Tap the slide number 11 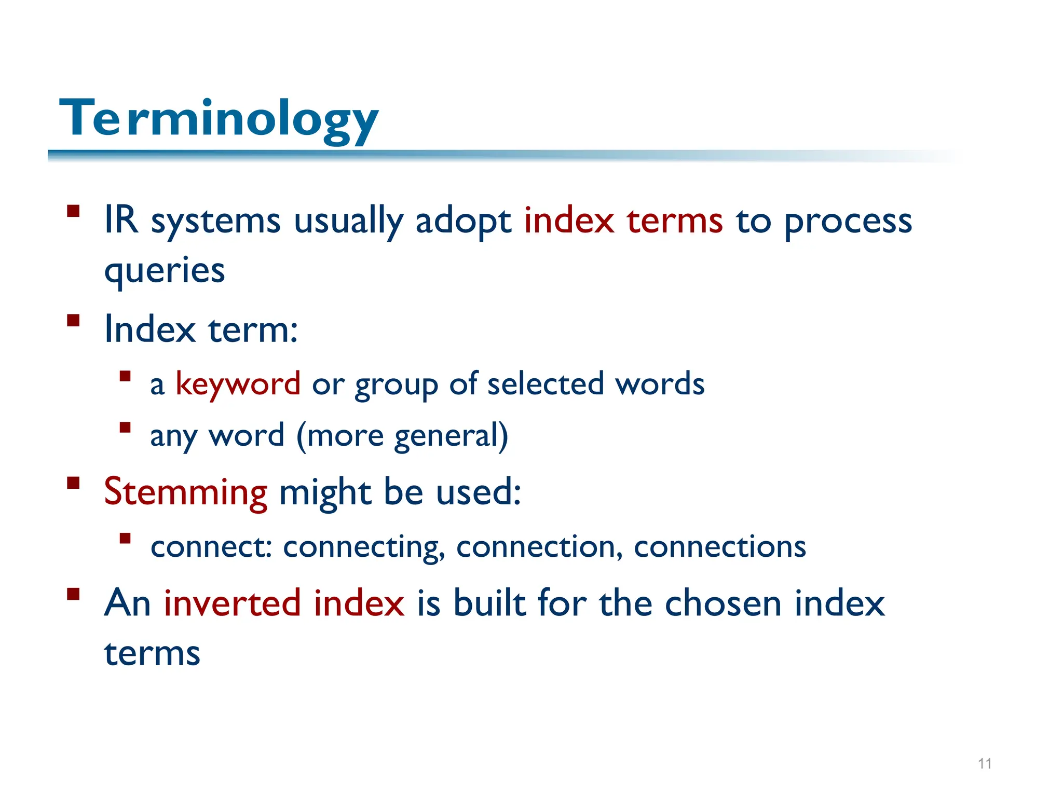tap(985, 764)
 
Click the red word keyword tap(238, 384)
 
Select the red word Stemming tap(185, 492)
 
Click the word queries tap(165, 271)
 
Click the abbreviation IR tap(121, 220)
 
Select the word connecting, tap(364, 547)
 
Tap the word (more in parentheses tap(340, 435)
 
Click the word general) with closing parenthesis tap(451, 436)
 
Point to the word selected tap(546, 384)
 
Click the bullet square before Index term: tap(73, 320)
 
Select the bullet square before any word tap(125, 427)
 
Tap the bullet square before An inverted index tap(73, 594)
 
